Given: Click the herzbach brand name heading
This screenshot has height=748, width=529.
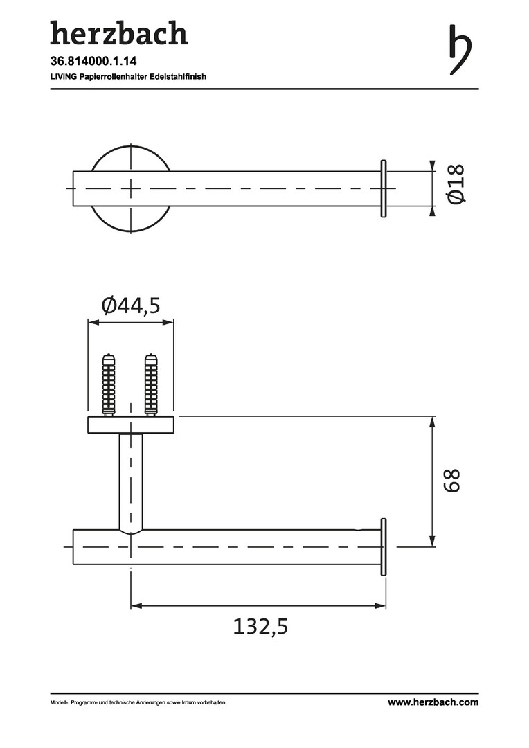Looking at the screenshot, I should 118,33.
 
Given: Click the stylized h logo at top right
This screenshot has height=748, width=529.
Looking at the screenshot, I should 460,50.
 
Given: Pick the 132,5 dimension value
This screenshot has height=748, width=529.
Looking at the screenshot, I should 259,627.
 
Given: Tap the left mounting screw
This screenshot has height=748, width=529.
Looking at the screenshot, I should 109,384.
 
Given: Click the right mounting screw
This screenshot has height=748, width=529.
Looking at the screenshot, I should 150,384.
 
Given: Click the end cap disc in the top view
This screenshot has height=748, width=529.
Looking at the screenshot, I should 383,188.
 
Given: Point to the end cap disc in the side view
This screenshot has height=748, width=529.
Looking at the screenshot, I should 383,547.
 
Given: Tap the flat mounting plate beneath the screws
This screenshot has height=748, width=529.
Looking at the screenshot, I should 131,425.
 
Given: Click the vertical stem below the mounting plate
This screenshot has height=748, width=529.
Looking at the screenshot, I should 131,478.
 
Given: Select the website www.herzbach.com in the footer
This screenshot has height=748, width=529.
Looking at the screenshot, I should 432,702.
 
